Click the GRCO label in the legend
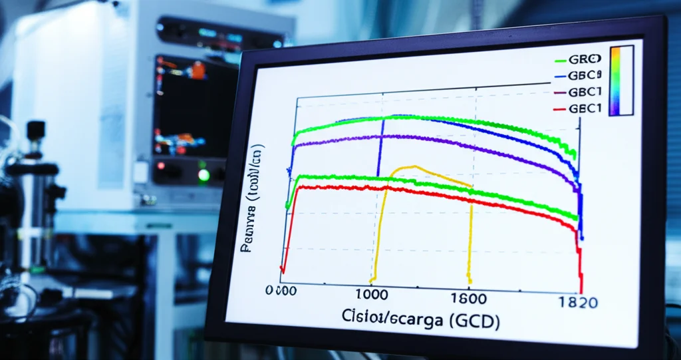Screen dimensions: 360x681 [585, 59]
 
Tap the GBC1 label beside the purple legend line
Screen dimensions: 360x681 [585, 92]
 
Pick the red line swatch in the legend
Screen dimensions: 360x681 [558, 108]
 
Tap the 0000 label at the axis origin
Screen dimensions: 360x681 [280, 291]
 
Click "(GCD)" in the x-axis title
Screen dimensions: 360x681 [474, 319]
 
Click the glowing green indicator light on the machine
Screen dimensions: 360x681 [204, 175]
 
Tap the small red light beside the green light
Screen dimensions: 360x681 [160, 165]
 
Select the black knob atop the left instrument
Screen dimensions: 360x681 [35, 128]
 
